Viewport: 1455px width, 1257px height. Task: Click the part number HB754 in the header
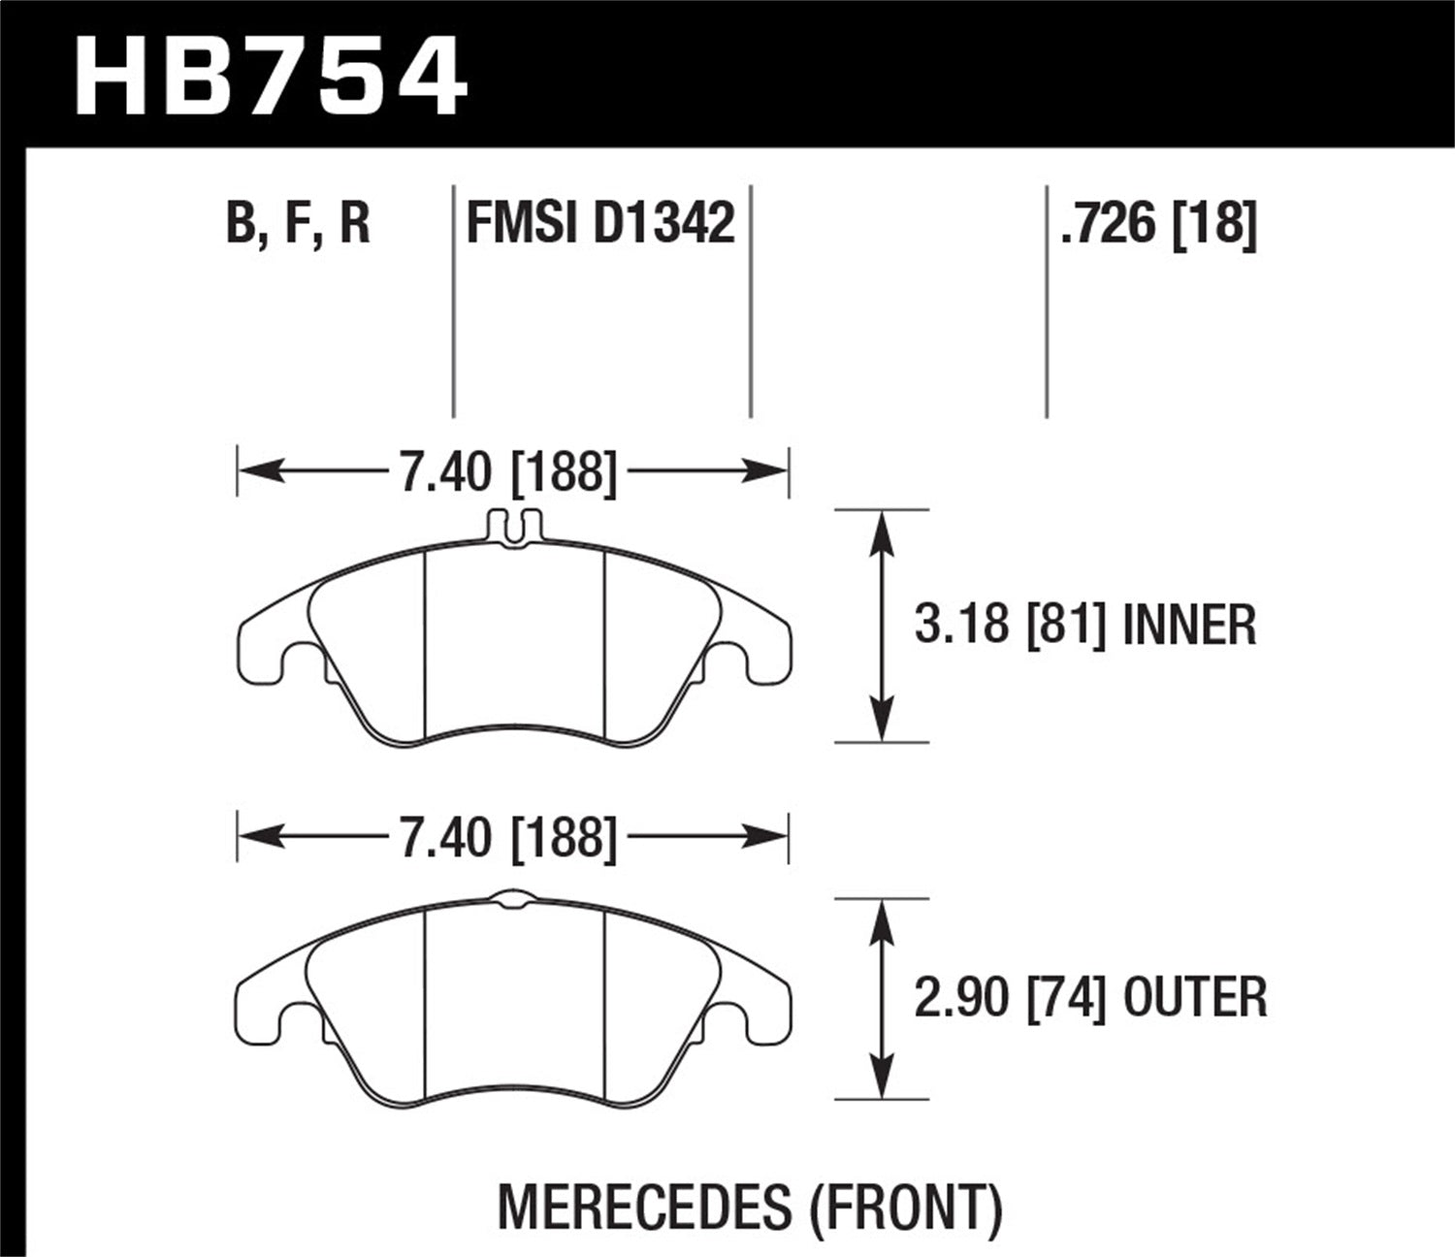271,76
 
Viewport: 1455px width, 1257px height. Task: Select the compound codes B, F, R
298,223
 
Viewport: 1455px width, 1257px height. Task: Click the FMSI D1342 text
600,223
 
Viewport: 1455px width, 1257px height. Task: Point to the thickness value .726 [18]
1159,223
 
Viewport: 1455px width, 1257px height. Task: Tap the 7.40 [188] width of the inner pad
507,473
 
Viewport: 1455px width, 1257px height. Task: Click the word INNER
1188,626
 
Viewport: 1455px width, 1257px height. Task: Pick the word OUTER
1195,998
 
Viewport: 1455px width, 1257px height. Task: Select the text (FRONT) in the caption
904,1208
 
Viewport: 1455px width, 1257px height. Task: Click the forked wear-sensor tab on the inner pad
511,527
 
